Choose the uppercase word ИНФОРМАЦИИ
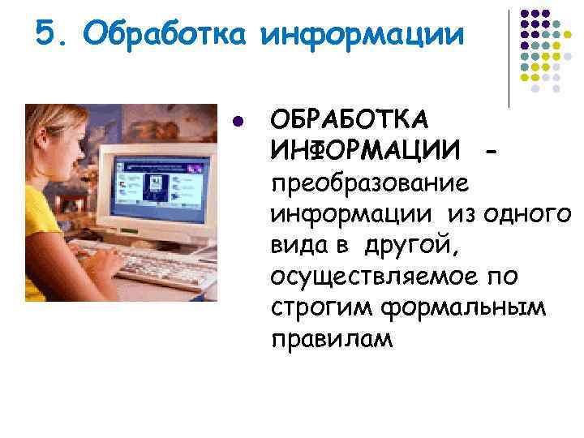tap(364, 151)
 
